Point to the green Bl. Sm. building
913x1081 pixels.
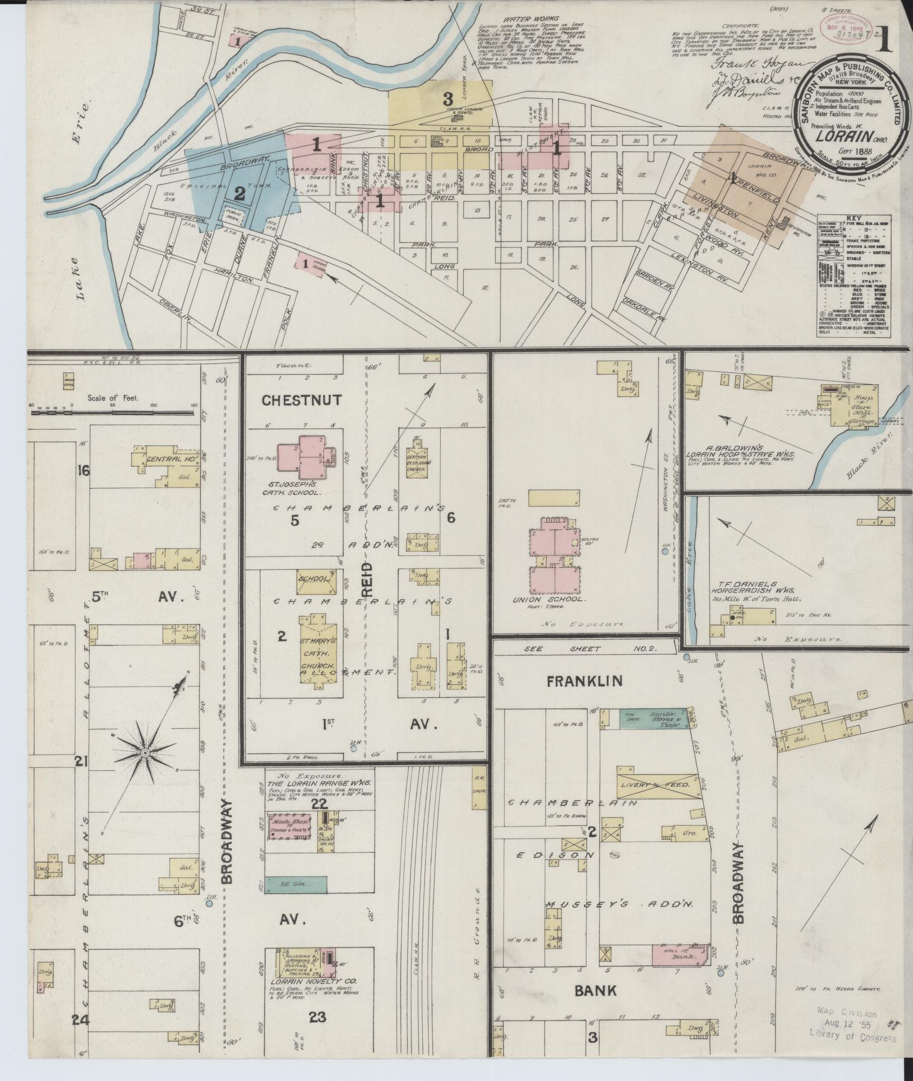point(296,885)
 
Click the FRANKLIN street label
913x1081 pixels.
point(584,681)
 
